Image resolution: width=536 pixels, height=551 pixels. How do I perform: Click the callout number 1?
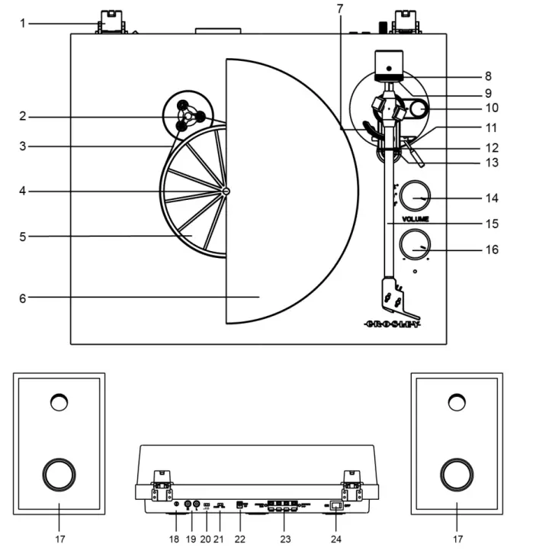point(23,24)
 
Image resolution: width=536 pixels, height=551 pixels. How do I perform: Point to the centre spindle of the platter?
point(225,190)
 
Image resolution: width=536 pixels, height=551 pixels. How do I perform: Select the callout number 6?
point(23,298)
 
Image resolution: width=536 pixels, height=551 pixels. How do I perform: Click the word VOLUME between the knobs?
point(417,219)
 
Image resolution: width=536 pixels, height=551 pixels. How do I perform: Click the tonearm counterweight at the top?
point(389,63)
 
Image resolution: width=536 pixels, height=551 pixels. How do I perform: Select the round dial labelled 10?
point(419,110)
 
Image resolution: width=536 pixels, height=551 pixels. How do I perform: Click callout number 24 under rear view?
point(335,538)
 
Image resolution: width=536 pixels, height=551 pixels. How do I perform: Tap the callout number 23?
point(285,538)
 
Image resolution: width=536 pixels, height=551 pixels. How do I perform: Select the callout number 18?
point(174,538)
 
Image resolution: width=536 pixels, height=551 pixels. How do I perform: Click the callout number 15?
point(492,224)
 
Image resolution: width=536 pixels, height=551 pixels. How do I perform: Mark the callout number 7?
point(339,8)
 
